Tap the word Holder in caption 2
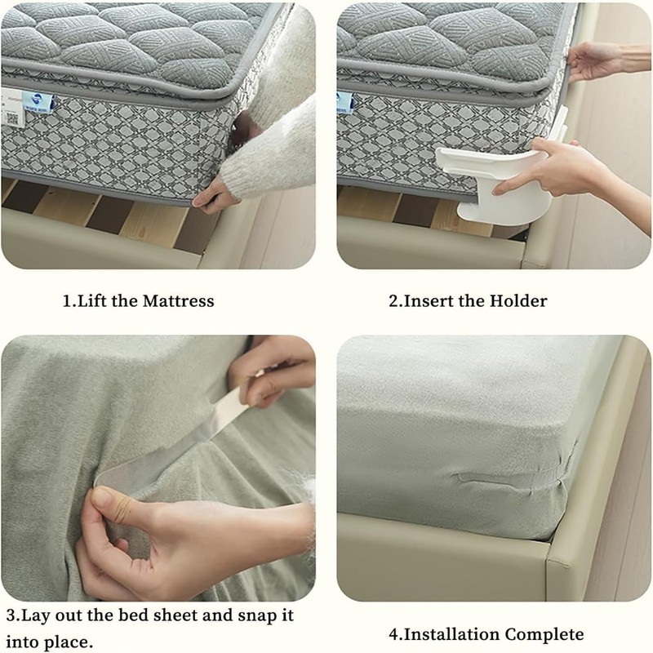pyautogui.click(x=518, y=300)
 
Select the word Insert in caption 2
pyautogui.click(x=429, y=300)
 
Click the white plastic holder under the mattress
pyautogui.click(x=490, y=184)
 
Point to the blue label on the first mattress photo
pyautogui.click(x=40, y=100)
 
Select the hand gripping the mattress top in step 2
pyautogui.click(x=592, y=61)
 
